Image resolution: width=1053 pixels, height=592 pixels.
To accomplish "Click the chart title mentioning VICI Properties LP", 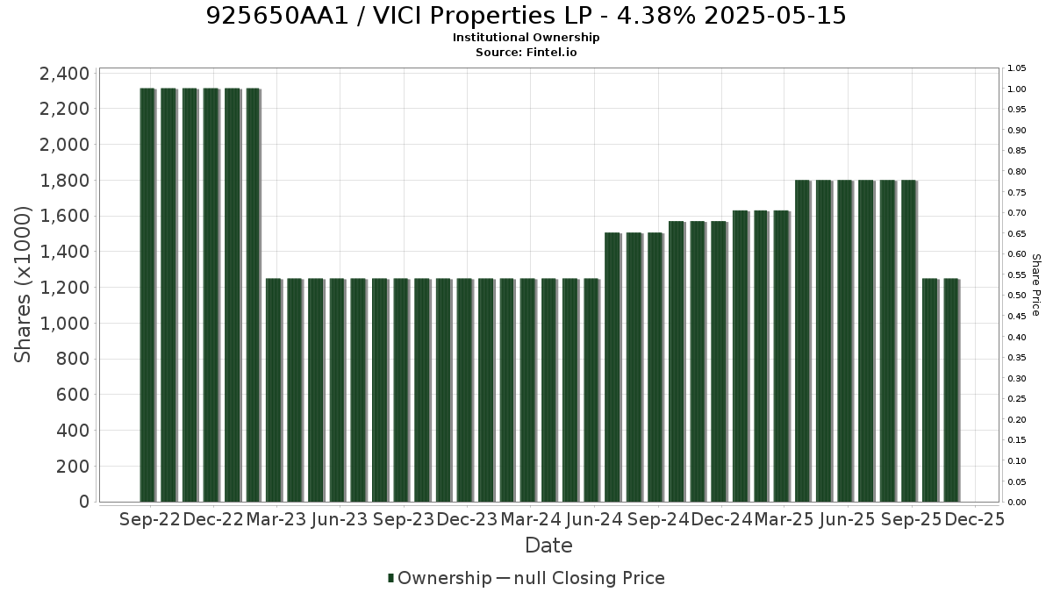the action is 526,16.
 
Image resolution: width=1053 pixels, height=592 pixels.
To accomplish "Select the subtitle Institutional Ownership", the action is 526,38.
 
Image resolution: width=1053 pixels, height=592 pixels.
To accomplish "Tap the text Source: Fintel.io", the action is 526,52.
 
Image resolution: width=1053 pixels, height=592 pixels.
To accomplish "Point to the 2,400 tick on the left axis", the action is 64,74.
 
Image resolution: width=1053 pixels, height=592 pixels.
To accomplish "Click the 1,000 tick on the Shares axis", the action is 64,324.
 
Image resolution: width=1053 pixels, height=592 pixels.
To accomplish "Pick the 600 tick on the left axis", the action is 72,395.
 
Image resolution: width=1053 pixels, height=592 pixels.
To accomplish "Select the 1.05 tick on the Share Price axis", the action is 1016,68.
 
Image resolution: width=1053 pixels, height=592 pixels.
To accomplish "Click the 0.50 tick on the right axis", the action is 1016,296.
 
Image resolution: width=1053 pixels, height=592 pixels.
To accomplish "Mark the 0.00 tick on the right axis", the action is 1016,503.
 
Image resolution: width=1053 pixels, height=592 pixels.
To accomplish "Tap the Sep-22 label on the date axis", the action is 150,519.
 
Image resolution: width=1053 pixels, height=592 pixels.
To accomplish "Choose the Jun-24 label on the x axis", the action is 594,519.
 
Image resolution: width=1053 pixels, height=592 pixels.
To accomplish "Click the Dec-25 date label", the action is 975,519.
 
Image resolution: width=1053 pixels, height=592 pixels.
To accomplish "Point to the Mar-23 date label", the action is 276,519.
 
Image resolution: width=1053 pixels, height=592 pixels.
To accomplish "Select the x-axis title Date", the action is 548,546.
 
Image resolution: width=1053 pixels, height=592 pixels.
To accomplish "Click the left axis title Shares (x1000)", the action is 23,285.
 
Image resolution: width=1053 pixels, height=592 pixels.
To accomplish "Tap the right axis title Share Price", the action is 1035,285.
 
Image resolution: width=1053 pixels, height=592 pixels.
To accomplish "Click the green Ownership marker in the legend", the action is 390,578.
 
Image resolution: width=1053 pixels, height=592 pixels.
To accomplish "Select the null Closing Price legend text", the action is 590,578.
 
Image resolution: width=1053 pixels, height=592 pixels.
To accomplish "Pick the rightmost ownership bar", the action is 951,390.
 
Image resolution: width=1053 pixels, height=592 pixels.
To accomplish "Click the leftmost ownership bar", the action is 147,295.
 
